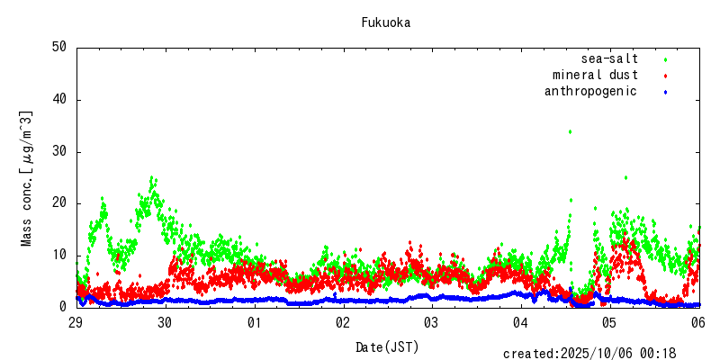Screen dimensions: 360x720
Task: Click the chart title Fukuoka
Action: (385, 22)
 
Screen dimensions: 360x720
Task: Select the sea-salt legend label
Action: (609, 58)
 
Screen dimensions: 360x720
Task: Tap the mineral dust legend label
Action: (595, 75)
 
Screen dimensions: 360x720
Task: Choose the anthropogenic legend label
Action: (590, 91)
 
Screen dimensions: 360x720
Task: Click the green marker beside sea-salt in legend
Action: (665, 59)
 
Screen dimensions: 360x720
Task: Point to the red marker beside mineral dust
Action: (665, 76)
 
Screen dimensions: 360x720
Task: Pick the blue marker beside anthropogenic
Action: (665, 92)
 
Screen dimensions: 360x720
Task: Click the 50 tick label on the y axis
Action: (59, 48)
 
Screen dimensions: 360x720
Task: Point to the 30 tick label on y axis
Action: (59, 151)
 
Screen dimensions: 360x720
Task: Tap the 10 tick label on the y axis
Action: (59, 255)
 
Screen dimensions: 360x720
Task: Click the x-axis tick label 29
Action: (76, 322)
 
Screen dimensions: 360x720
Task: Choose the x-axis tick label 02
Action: (343, 322)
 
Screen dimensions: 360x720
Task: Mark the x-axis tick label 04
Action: (520, 322)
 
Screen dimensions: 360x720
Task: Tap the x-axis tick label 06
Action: (697, 322)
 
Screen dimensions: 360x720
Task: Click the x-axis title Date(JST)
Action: (387, 346)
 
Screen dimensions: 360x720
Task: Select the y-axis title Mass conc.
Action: (27, 178)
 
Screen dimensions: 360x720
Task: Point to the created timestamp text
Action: (601, 354)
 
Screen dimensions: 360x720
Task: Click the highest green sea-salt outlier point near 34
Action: (570, 131)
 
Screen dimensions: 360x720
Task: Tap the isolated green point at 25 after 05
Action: (625, 177)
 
